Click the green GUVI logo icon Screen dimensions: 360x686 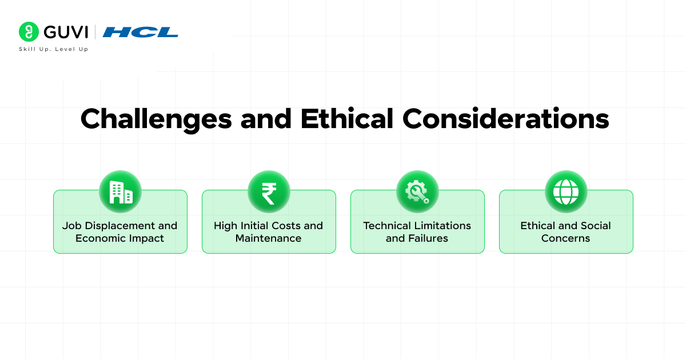[29, 32]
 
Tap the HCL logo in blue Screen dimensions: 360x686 [141, 32]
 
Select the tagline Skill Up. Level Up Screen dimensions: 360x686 [54, 49]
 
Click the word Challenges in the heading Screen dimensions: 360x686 [156, 119]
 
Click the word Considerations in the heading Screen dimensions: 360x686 [505, 119]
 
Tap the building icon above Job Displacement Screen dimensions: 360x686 [120, 192]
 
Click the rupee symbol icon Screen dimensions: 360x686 [269, 192]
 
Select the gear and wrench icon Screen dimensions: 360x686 [417, 192]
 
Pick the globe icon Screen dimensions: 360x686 [566, 192]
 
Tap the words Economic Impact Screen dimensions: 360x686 [120, 238]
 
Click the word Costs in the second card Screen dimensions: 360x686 [286, 226]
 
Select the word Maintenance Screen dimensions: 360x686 [269, 238]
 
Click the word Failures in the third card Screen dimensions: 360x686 [428, 238]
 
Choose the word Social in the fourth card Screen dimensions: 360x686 [595, 226]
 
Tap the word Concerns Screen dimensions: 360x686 [566, 238]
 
